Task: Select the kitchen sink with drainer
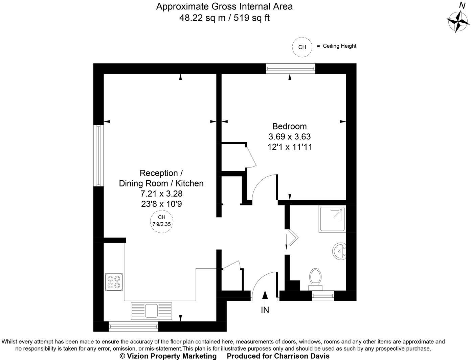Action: (x=151, y=310)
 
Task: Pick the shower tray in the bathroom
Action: (x=332, y=219)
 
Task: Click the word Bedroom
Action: (x=289, y=126)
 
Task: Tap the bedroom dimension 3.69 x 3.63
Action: (x=289, y=137)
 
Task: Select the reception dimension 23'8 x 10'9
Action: (x=161, y=204)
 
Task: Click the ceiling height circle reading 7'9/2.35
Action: (x=162, y=221)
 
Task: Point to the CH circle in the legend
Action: (x=302, y=47)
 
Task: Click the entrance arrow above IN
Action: (x=265, y=295)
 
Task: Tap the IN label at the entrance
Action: (x=265, y=310)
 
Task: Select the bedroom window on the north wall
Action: (x=290, y=68)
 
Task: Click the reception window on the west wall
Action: (x=98, y=156)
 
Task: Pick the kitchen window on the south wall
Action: (x=133, y=327)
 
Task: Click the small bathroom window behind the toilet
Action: (x=322, y=296)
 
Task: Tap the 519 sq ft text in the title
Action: (x=250, y=18)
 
